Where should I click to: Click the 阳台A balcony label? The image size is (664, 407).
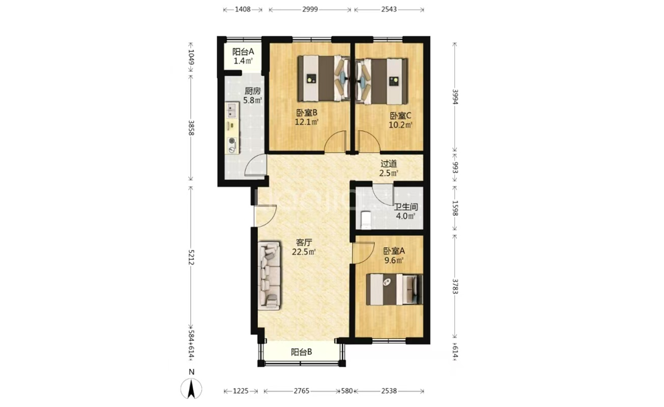point(243,51)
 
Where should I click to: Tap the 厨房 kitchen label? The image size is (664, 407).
point(253,91)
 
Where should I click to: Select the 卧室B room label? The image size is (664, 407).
point(307,113)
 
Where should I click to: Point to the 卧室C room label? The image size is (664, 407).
point(401,116)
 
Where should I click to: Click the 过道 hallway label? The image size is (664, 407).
point(389,164)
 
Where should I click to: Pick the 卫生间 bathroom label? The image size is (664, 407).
point(405,207)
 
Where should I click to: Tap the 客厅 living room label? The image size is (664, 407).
point(304,243)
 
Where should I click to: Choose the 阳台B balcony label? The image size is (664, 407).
point(301,352)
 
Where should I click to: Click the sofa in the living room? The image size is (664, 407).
point(269,275)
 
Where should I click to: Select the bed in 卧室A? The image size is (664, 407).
point(395,289)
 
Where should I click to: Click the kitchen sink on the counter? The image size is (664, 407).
point(231,110)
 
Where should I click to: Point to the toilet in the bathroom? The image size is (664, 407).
point(365,219)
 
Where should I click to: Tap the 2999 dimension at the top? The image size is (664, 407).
point(310,9)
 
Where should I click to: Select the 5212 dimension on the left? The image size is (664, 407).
point(190,257)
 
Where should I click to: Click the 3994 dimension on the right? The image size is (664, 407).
point(455,96)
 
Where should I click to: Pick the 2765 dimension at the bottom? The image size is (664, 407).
point(301,391)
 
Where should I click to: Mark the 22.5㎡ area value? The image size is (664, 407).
point(304,252)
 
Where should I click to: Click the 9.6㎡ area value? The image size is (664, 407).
point(394,261)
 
